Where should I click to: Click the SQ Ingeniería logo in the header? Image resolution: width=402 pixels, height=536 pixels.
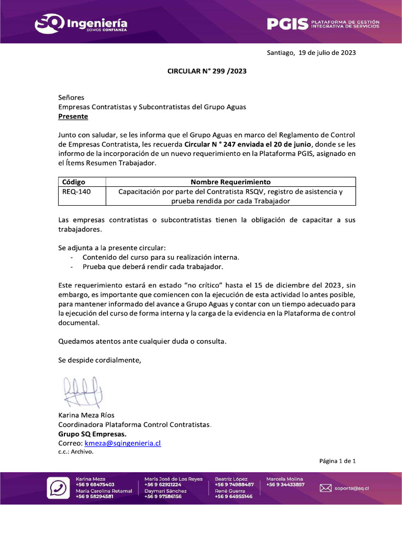[x=81, y=24]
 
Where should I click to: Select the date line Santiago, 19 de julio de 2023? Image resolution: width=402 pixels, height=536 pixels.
[x=311, y=52]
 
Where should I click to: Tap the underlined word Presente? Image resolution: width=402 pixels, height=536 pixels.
[x=73, y=116]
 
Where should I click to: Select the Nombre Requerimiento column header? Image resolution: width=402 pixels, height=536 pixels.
[x=230, y=182]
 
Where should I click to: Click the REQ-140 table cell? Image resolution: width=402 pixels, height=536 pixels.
[x=76, y=192]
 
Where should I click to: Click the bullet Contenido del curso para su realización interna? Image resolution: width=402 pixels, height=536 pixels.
[x=161, y=257]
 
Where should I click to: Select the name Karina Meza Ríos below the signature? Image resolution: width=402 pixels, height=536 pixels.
[x=86, y=415]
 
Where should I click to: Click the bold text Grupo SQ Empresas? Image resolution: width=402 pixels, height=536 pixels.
[x=92, y=434]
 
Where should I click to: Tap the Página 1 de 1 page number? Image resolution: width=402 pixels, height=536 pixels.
[x=338, y=461]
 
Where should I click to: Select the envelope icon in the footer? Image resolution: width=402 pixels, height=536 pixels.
[x=326, y=488]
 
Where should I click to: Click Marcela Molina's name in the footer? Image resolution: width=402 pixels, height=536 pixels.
[x=284, y=479]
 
